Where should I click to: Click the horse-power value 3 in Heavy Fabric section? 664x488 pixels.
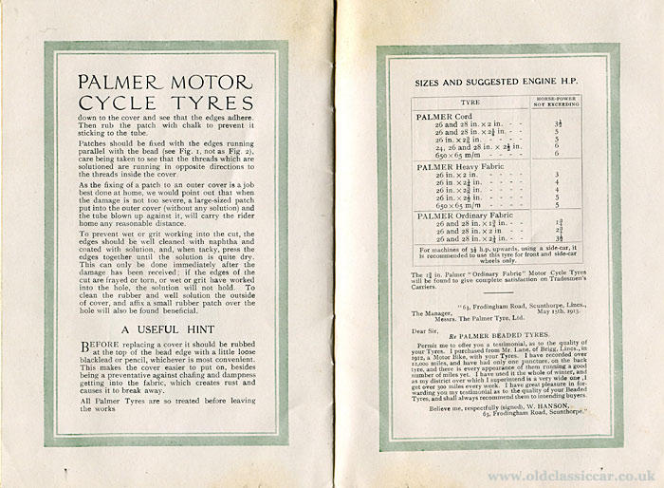[556, 176]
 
